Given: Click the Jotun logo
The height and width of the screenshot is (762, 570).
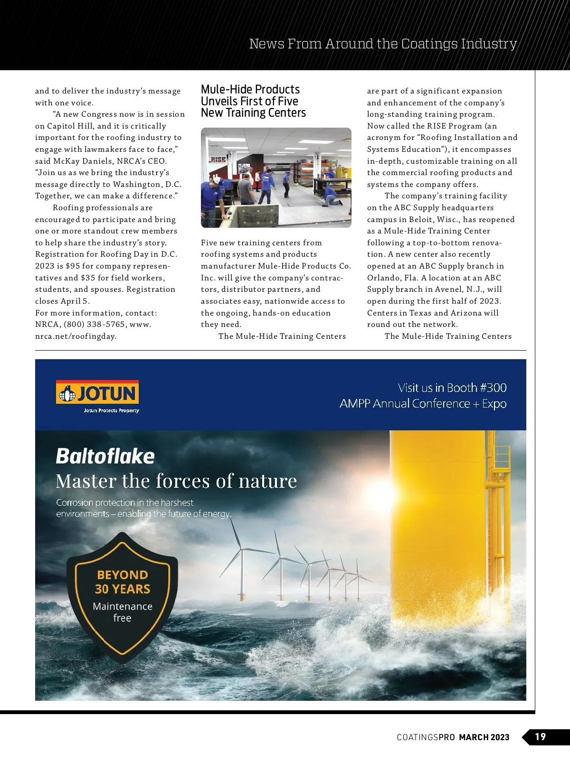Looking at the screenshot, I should click(97, 393).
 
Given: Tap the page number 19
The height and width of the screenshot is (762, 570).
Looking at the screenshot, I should click(540, 737).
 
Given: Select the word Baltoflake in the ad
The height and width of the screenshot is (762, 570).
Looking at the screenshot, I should click(105, 456).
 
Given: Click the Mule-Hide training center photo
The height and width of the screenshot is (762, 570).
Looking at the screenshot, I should click(276, 177).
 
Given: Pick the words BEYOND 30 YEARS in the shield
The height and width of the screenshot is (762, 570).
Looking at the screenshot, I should click(123, 582).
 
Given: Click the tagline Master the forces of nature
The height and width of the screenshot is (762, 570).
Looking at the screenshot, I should click(176, 481).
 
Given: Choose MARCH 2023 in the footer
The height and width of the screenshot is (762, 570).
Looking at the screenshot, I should click(484, 737).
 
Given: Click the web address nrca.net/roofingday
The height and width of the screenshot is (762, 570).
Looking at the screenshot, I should click(76, 336).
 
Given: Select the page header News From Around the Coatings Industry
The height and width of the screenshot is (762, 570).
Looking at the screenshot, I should click(383, 44).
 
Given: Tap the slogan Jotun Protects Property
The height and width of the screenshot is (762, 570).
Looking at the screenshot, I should click(111, 411).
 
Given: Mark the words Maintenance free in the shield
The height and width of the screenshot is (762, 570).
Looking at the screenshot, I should click(123, 612).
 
